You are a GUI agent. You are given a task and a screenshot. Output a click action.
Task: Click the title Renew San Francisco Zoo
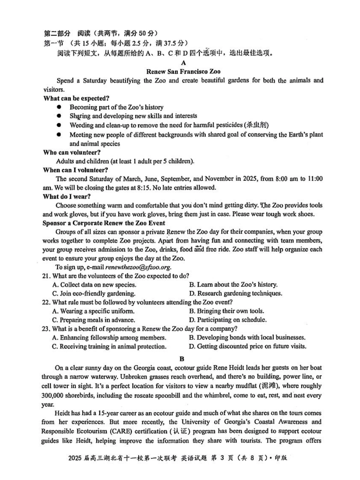pyautogui.click(x=183, y=71)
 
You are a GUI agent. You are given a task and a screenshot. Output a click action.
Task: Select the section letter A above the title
pyautogui.click(x=183, y=63)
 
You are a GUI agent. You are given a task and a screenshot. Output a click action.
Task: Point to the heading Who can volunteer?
pyautogui.click(x=72, y=152)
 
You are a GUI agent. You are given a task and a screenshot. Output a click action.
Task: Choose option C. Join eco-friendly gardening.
pyautogui.click(x=94, y=293)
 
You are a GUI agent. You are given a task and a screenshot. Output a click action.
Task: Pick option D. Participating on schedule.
pyautogui.click(x=227, y=320)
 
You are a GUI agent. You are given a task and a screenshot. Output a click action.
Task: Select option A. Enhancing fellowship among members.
pyautogui.click(x=109, y=338)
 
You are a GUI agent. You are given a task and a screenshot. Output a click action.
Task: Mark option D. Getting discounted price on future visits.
pyautogui.click(x=247, y=346)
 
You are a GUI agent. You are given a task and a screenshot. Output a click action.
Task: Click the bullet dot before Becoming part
pyautogui.click(x=59, y=107)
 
